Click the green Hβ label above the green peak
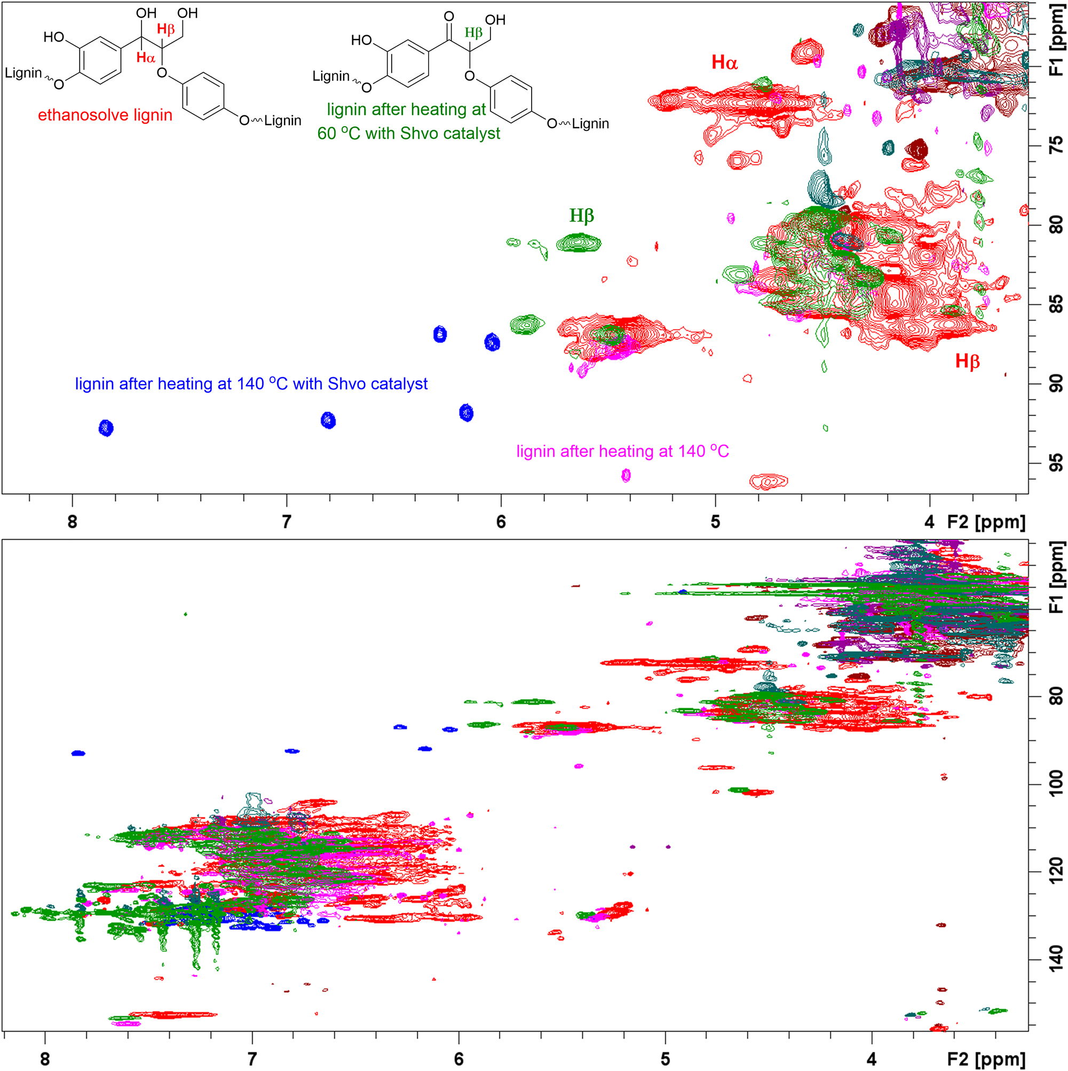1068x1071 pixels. (x=582, y=216)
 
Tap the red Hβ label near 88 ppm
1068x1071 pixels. (x=967, y=362)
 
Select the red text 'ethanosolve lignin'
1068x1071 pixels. (x=105, y=115)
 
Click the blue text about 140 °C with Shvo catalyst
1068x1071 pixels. (x=251, y=384)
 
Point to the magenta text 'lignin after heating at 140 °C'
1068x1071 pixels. (x=622, y=451)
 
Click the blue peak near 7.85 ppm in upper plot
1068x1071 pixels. (x=106, y=428)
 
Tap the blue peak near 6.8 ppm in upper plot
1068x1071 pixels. (x=328, y=420)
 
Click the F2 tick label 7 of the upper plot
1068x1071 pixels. (x=287, y=522)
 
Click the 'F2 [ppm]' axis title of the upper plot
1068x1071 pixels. (x=986, y=522)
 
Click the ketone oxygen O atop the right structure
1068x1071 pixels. (x=449, y=17)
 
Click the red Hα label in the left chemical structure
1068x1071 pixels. (x=146, y=57)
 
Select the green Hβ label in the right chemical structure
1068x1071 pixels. (x=473, y=33)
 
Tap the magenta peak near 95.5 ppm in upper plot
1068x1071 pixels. (x=626, y=475)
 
